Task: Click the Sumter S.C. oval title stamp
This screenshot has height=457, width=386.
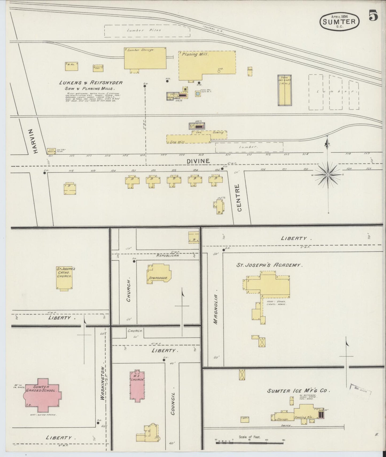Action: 339,21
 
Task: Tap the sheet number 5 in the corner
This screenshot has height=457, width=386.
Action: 373,16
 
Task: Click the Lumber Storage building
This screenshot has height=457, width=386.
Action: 145,58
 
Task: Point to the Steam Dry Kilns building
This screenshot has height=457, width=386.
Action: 284,90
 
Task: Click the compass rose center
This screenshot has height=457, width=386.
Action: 328,175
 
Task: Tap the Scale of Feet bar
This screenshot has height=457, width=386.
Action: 249,443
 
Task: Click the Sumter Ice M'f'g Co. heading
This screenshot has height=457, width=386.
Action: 299,391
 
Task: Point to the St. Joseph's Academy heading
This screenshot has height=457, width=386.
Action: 269,265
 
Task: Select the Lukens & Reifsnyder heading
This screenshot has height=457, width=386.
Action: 91,83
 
